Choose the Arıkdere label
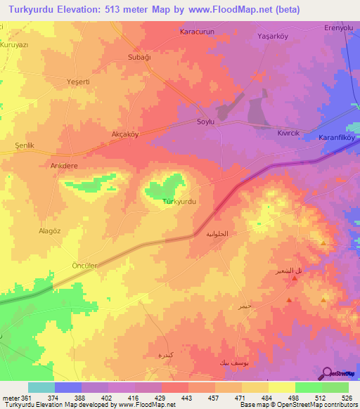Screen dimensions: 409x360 coord(63,167)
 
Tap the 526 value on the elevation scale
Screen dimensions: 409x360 coord(347,398)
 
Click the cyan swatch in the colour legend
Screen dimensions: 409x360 coord(41,387)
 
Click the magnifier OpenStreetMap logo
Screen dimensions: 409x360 coord(326,372)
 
